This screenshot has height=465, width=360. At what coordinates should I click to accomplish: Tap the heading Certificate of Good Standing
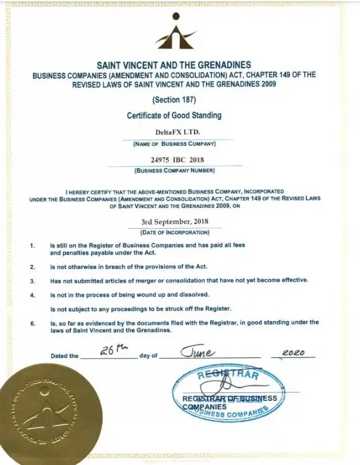pos(174,115)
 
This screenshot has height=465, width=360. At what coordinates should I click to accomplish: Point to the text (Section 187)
pos(174,100)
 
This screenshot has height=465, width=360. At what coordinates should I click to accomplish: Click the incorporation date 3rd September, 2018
pos(175,221)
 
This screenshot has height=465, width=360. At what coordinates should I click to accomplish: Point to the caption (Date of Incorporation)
pos(175,232)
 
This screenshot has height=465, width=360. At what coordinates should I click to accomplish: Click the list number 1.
pos(33,245)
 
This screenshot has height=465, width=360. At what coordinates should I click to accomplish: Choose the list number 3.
pos(33,281)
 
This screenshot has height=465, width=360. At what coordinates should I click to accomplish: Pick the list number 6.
pos(33,323)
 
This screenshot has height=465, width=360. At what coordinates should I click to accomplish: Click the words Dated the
pos(64,356)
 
